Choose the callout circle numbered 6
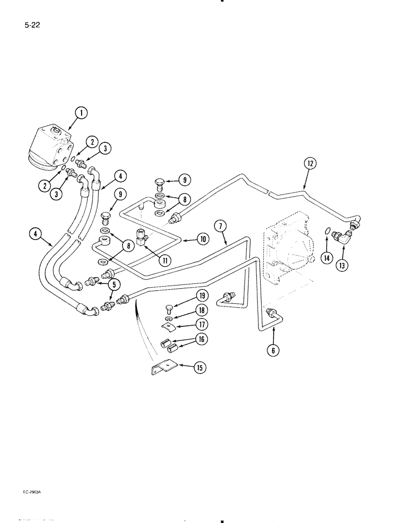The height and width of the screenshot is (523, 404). point(272,351)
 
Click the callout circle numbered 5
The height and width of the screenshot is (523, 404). point(111,284)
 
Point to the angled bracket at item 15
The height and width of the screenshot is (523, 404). point(164,368)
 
